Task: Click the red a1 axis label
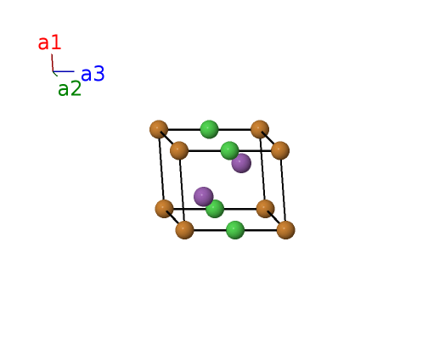point(49,42)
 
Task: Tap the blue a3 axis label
point(93,74)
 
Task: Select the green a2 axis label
point(70,88)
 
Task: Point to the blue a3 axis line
point(64,71)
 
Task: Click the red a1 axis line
point(52,63)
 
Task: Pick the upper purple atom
point(241,163)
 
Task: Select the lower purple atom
point(204,197)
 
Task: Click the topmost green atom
point(210,129)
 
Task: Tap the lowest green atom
point(235,230)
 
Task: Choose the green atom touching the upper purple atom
point(229,150)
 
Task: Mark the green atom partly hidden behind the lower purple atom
point(216,209)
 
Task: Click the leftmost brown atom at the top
point(159,129)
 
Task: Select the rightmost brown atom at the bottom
point(285,230)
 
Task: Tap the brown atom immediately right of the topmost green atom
point(260,129)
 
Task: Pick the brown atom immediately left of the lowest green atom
point(185,230)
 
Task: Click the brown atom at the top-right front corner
point(280,150)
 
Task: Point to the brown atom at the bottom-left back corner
point(164,209)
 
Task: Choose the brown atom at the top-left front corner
point(179,150)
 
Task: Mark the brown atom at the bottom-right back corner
point(265,209)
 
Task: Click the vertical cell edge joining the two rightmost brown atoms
point(283,190)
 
